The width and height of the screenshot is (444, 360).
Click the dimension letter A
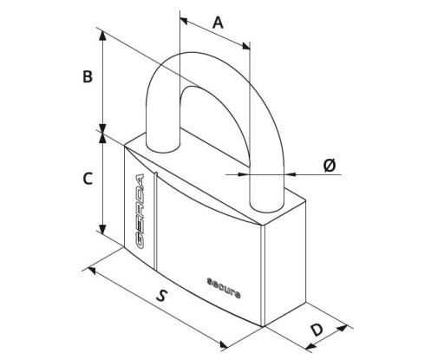click(218, 23)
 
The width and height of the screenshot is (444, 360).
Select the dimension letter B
click(88, 76)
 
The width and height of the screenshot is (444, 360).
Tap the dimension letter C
click(88, 179)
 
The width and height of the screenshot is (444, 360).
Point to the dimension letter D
click(317, 330)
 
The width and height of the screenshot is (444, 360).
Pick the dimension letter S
click(162, 296)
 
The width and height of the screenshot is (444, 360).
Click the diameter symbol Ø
click(330, 166)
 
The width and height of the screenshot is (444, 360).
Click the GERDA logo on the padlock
click(140, 212)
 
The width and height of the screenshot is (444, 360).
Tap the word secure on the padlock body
click(224, 288)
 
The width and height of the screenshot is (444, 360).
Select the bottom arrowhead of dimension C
click(102, 229)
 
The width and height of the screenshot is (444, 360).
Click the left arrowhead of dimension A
click(184, 20)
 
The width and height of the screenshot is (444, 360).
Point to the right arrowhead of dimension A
click(246, 45)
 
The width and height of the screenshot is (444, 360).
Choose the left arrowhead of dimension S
click(92, 271)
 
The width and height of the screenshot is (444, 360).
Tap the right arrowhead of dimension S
click(224, 344)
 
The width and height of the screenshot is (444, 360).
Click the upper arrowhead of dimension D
click(343, 328)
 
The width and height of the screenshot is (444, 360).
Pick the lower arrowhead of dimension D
click(310, 346)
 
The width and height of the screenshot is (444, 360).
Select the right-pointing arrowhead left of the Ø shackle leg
click(244, 174)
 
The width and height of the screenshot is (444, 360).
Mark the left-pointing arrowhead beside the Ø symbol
click(291, 174)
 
